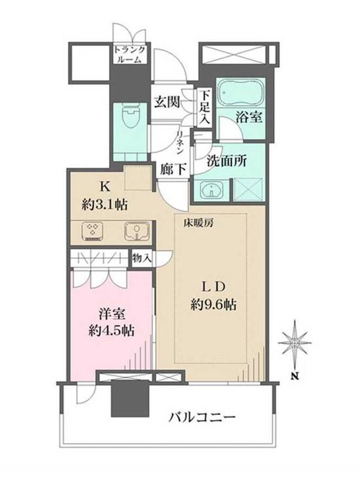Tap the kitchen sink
(134, 231)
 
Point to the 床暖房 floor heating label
(195, 223)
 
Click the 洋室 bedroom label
(110, 314)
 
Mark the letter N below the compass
(295, 377)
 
